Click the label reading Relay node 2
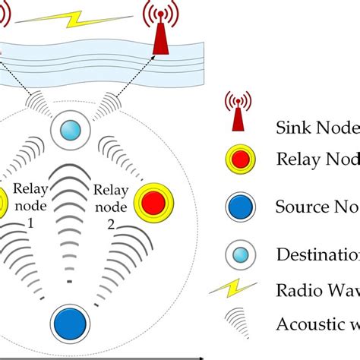coord(106,204)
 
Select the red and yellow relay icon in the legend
coord(238,158)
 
